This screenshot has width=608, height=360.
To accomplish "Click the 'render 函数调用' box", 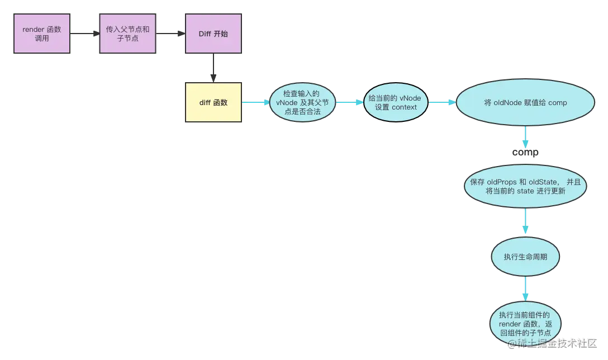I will point(42,34).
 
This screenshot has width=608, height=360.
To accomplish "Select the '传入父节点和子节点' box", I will point(127,34).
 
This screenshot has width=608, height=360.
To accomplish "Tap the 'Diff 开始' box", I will point(213,34).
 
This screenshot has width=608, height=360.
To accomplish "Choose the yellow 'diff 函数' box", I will point(213,103).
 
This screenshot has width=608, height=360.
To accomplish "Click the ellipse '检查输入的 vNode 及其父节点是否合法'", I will point(302,103).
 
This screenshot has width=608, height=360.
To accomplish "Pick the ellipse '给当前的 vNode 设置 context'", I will point(396,103).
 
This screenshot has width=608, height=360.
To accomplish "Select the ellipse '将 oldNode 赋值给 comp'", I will point(525,103).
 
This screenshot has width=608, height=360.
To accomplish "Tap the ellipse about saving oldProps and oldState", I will point(526,187).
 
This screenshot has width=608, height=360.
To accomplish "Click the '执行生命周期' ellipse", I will point(525,257).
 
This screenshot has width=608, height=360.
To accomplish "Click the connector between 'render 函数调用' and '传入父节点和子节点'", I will point(85,34).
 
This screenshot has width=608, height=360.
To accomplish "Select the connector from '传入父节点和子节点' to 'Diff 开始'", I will point(170,34).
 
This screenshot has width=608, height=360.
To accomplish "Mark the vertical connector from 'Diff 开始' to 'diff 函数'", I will point(213,67).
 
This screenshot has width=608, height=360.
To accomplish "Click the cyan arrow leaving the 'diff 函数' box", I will point(256,103).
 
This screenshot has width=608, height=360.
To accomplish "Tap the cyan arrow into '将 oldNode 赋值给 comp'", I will point(442,103).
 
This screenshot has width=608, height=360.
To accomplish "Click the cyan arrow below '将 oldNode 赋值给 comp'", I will point(525,138).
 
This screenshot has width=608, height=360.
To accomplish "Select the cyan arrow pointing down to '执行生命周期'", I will point(525,222).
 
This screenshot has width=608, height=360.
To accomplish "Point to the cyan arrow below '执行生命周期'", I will point(525,289).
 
